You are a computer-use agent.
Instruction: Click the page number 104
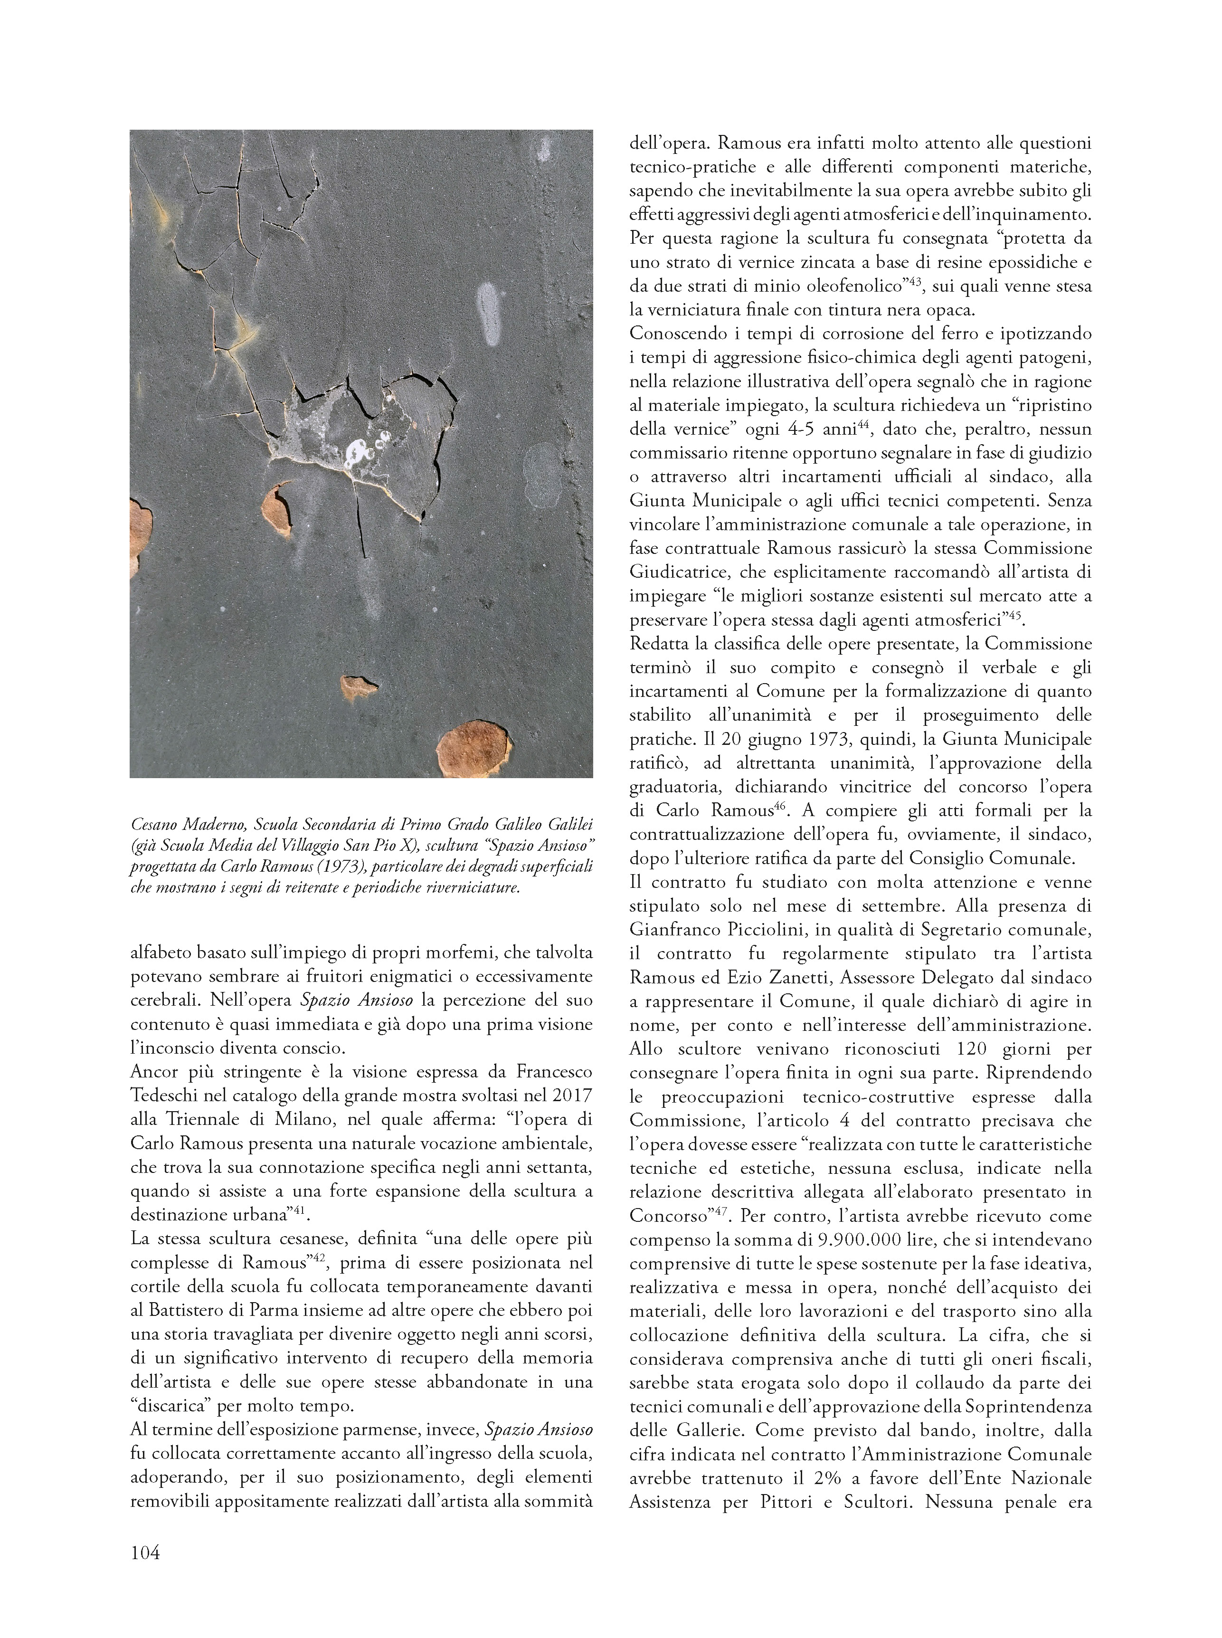(145, 1552)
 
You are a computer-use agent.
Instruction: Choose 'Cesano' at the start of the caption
(153, 824)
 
